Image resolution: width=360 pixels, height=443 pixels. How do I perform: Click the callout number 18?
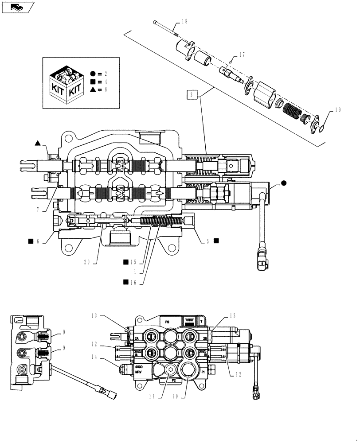(x=184, y=21)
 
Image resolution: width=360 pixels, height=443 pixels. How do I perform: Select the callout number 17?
(x=242, y=55)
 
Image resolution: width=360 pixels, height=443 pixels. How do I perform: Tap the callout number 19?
(x=338, y=110)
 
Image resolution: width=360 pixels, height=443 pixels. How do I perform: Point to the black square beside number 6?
(x=31, y=241)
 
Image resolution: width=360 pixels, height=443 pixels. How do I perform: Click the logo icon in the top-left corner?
(x=18, y=7)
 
